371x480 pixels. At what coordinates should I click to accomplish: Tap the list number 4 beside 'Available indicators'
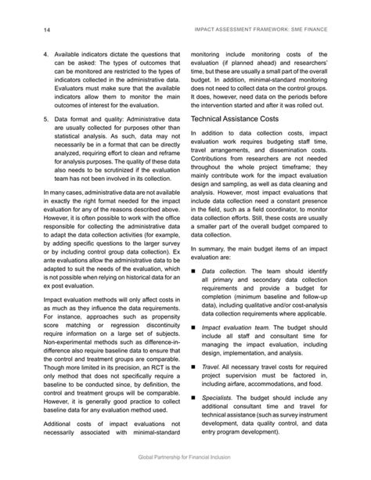[45, 57]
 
